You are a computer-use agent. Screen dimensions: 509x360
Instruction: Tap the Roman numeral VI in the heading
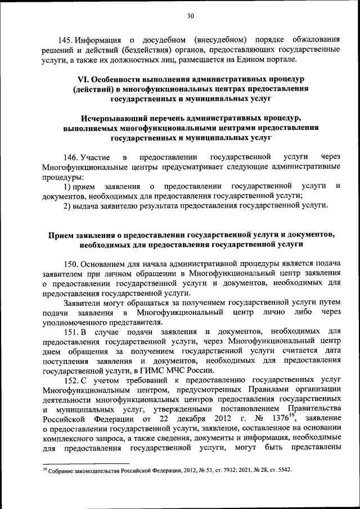pos(82,78)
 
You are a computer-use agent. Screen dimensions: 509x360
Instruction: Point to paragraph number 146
pos(70,156)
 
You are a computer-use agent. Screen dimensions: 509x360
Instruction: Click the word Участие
pos(96,156)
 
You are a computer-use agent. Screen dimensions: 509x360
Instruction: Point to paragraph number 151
pos(70,333)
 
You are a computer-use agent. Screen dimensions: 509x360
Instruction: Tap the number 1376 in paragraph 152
pos(274,420)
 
